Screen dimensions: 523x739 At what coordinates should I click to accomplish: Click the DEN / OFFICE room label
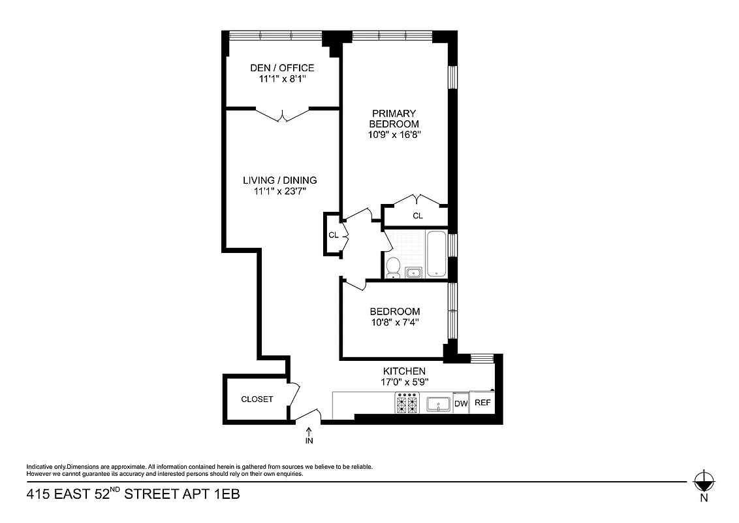coord(282,68)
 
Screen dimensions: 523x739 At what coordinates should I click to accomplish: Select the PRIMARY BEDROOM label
coord(394,118)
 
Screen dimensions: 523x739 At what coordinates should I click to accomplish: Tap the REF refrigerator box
coord(482,403)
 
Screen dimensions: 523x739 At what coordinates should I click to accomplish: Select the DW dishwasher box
coord(461,403)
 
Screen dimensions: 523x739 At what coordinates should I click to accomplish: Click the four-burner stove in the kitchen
coord(407,403)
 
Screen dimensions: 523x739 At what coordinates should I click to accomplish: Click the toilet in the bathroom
coord(393,267)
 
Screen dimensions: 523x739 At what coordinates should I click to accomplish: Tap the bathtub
coord(435,254)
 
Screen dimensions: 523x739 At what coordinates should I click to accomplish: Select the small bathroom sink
coord(413,273)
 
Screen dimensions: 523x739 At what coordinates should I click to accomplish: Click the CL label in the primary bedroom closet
coord(418,216)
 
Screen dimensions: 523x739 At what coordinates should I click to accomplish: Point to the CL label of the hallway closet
coord(333,235)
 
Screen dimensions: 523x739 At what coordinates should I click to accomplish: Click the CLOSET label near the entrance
coord(257,399)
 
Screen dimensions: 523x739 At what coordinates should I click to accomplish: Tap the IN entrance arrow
coord(309,434)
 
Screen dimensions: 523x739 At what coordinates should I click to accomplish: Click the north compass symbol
coord(703,482)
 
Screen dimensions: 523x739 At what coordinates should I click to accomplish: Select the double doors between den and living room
coord(282,115)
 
